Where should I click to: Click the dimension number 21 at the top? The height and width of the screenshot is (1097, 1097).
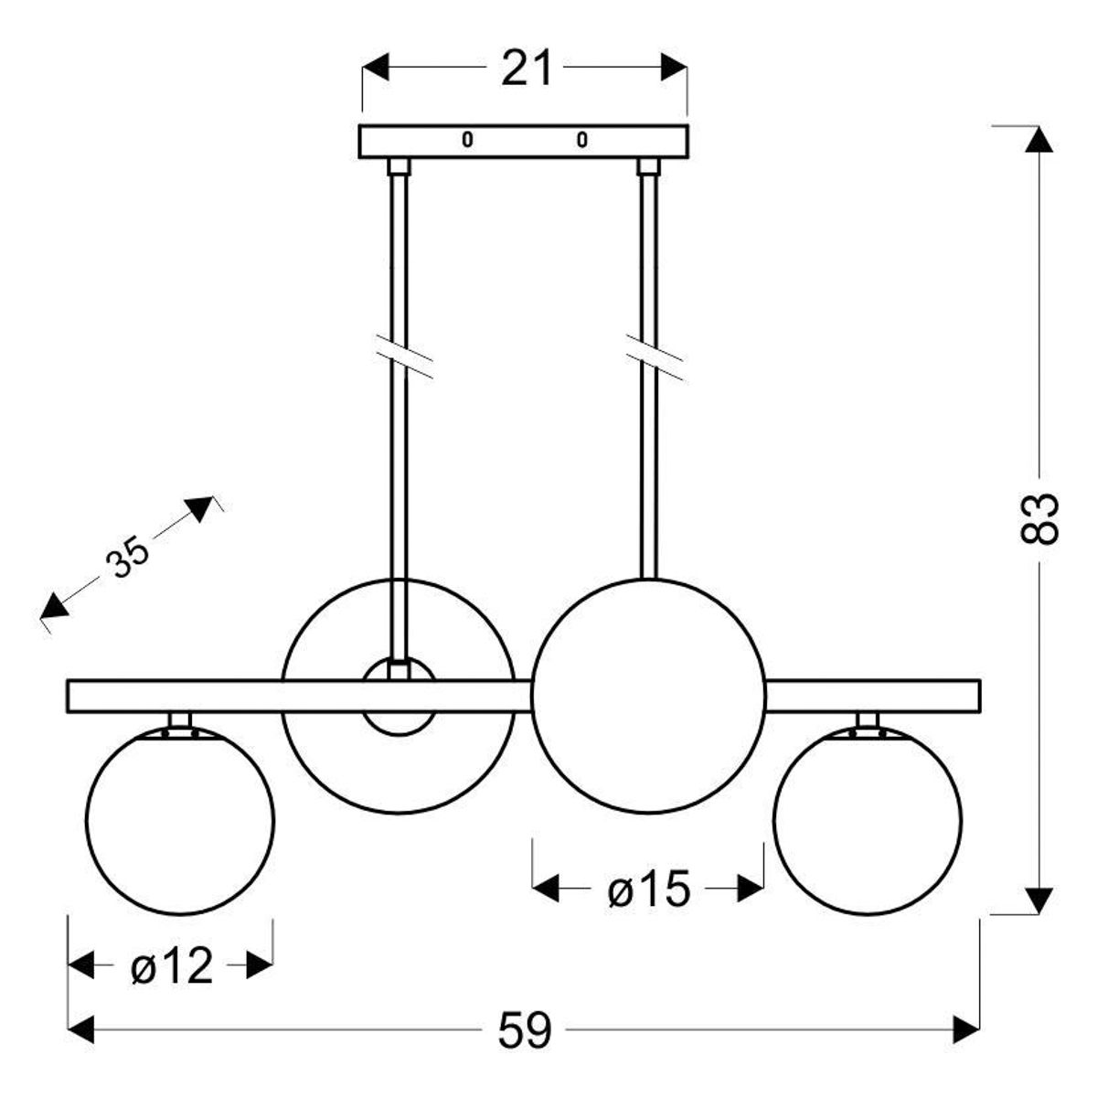click(x=526, y=68)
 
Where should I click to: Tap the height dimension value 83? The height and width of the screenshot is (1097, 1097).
click(x=1039, y=518)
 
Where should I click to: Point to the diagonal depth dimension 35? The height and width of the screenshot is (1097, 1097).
click(x=127, y=557)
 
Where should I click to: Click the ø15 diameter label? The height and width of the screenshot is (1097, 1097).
click(x=649, y=888)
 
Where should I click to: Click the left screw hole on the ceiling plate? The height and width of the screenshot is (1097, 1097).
click(x=467, y=140)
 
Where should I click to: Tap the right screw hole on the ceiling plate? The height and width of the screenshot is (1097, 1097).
click(x=581, y=140)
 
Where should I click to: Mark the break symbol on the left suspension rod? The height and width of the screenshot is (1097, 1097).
click(x=405, y=357)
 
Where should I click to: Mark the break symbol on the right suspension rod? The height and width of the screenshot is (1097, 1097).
click(x=655, y=357)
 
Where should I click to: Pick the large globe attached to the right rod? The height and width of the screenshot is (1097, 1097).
click(x=649, y=696)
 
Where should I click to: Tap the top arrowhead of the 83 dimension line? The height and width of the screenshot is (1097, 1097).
click(x=1039, y=140)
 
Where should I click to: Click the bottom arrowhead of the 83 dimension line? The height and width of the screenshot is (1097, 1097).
click(x=1039, y=900)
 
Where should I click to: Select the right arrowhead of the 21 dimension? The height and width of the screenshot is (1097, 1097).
click(x=674, y=67)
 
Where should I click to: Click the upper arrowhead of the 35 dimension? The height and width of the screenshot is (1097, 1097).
click(x=200, y=508)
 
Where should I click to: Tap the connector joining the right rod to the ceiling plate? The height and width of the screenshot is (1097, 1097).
click(x=648, y=166)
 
